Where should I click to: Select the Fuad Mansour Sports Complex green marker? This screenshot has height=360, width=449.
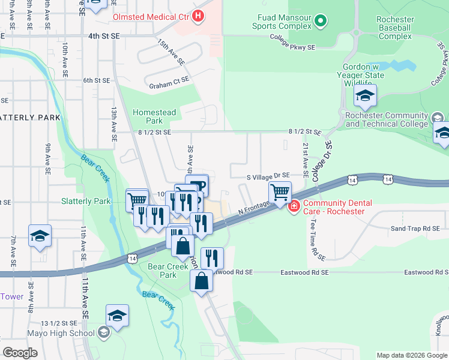pos(321,22)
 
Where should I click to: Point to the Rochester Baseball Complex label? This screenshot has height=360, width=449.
pos(394,28)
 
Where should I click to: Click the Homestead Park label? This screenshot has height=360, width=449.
pos(154,116)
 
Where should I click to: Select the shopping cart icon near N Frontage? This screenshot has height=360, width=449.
pos(280,193)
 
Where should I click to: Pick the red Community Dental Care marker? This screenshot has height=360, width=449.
pos(294,207)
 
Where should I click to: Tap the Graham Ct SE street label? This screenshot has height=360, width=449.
pos(170,79)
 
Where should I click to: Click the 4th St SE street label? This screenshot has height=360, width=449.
pos(104,36)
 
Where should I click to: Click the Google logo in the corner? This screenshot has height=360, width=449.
pos(20,353)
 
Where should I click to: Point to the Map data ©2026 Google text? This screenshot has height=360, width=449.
pos(411,355)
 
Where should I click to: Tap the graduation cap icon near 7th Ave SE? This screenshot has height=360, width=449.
pos(40,236)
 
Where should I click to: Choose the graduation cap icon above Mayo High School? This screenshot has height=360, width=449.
pos(118,316)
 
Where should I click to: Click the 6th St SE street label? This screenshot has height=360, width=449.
pos(97,80)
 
